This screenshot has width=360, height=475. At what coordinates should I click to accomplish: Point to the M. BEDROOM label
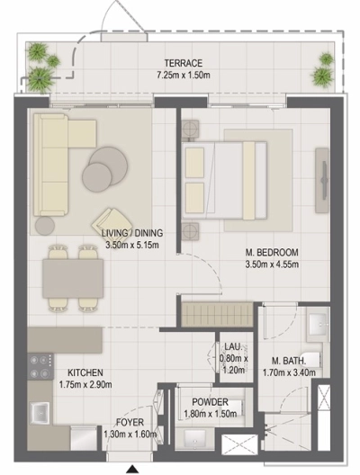click(273, 252)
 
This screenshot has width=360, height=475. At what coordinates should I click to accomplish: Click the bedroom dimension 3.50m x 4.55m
click(273, 264)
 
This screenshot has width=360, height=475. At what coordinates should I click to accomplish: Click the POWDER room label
click(202, 402)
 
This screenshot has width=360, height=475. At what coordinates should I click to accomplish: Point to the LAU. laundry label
click(232, 345)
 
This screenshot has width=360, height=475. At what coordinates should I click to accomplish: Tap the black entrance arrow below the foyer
click(133, 469)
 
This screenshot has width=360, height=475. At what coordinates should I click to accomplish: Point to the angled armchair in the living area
click(115, 220)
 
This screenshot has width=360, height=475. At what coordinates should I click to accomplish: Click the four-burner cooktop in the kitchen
click(40, 365)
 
